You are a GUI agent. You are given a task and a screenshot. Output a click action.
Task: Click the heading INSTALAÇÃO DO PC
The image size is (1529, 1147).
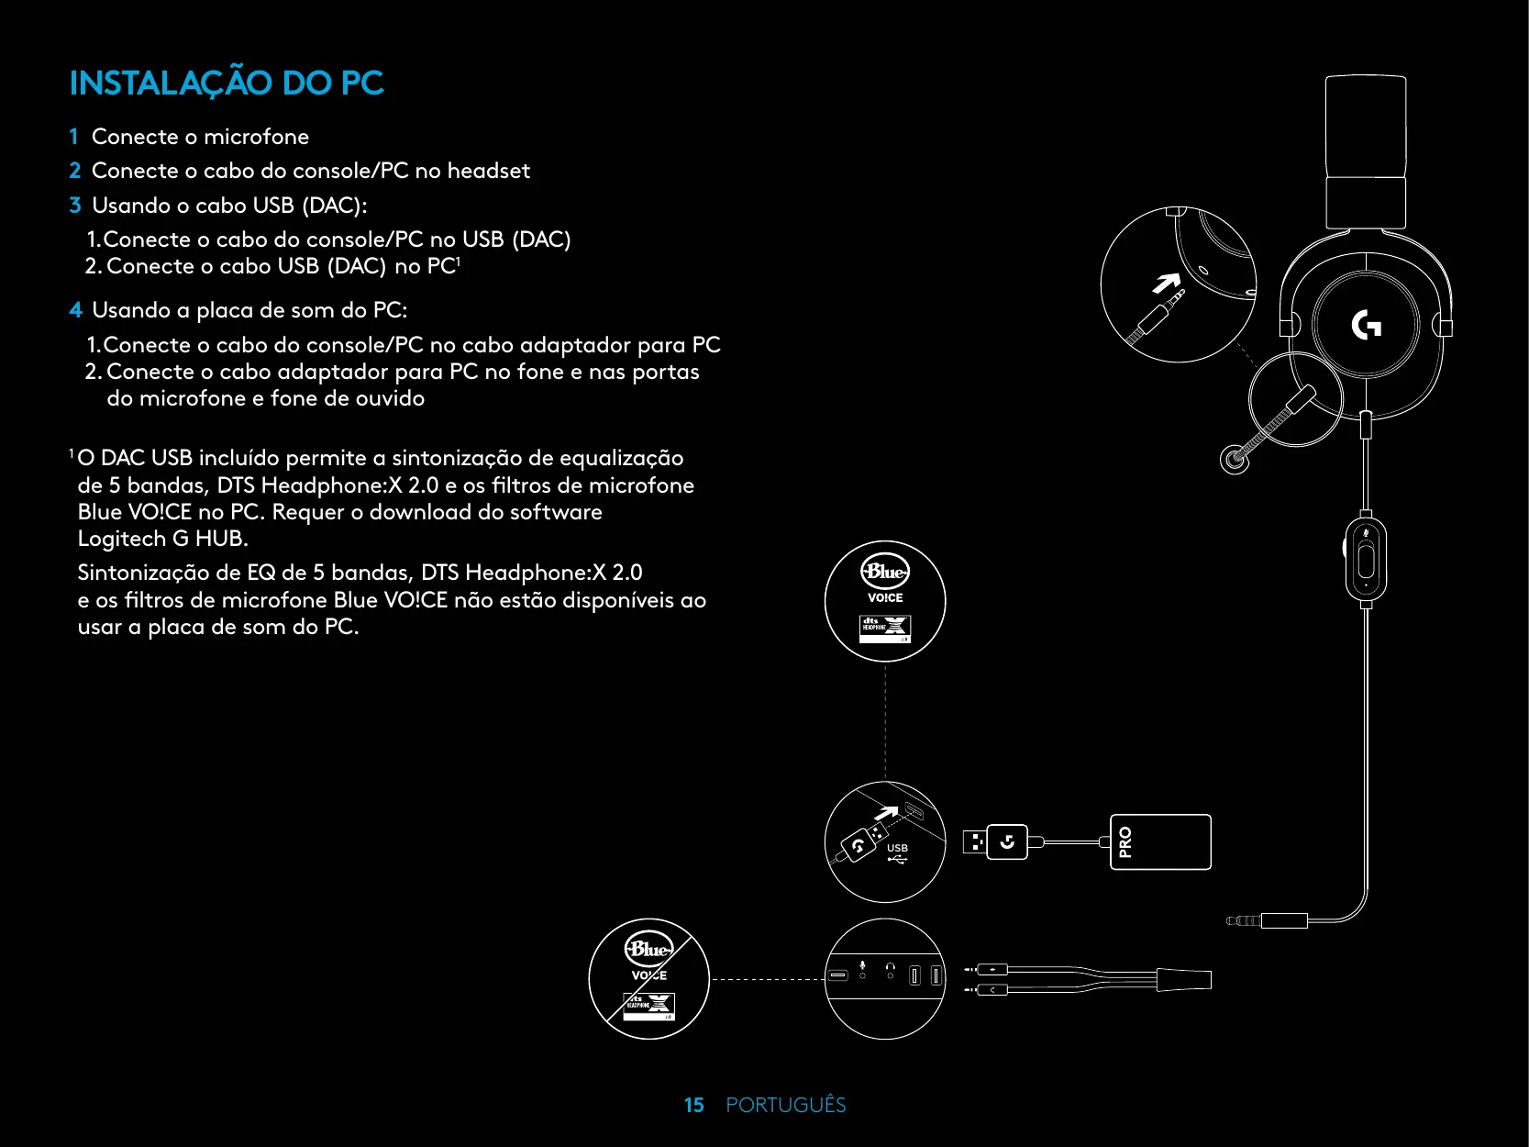click(227, 84)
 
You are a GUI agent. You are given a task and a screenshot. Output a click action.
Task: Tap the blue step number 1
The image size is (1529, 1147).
click(73, 137)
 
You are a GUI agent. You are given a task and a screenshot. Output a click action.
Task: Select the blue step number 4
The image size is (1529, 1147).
click(75, 310)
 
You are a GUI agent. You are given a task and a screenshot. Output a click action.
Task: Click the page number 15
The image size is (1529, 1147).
click(693, 1105)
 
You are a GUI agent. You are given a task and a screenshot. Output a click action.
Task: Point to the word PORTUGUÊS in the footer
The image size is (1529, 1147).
click(785, 1105)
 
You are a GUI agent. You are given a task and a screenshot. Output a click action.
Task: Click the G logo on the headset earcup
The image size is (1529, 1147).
click(1366, 325)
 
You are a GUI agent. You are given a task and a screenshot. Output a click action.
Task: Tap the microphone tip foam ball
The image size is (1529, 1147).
click(1234, 459)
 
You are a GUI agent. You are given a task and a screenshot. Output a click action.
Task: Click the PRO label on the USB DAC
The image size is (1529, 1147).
click(1125, 841)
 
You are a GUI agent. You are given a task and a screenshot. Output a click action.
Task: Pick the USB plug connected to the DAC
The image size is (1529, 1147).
click(995, 841)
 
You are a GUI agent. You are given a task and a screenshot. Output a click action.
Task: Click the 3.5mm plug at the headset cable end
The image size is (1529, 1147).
click(1244, 920)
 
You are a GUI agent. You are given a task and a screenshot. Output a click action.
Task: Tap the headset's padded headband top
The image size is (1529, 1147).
click(1366, 128)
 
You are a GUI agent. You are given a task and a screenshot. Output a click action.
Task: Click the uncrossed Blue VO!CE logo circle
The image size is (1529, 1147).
click(885, 600)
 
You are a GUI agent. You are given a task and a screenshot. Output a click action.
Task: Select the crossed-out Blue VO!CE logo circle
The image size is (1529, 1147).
click(649, 978)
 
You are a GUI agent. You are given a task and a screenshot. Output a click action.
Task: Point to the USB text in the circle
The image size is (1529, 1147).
click(897, 848)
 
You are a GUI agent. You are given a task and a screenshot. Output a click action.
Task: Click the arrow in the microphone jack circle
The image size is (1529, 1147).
click(1166, 284)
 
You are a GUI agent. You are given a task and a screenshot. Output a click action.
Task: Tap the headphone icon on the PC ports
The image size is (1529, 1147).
click(890, 967)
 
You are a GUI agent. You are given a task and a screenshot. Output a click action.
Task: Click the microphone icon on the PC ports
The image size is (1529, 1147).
click(862, 967)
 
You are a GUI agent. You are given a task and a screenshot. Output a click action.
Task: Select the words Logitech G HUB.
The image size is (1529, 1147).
click(161, 539)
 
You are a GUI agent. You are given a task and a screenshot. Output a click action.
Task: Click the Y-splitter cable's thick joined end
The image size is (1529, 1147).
click(1183, 979)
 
